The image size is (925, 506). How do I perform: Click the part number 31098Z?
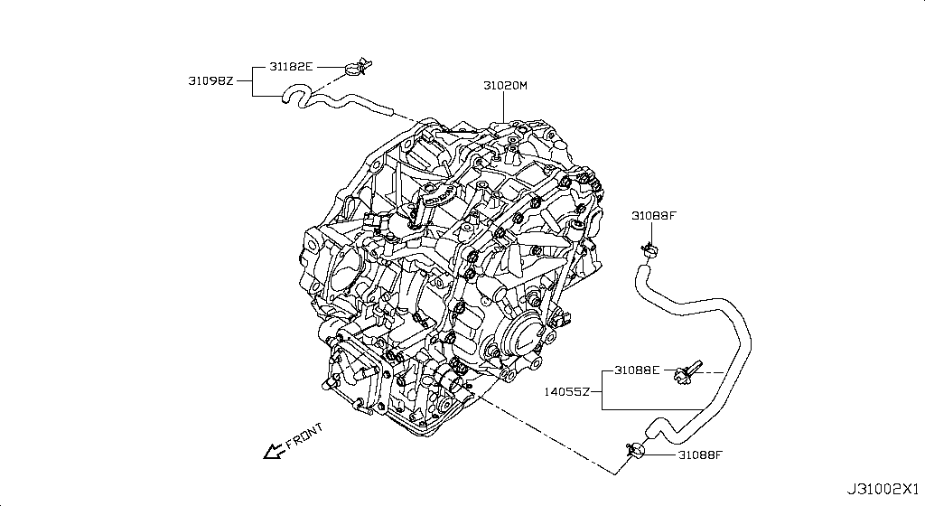tap(210, 80)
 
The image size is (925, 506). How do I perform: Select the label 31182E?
tap(292, 66)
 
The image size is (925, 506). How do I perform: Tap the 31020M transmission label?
tap(505, 86)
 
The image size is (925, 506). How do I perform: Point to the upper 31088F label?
tap(654, 215)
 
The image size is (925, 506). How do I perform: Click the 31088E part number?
tap(637, 370)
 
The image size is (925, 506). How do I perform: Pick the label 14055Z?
tap(567, 392)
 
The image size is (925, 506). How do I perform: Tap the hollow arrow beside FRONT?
tap(272, 450)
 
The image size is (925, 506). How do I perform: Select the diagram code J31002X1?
tap(883, 489)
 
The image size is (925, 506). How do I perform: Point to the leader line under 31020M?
tap(505, 107)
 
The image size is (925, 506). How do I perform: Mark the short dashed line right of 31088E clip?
tap(712, 371)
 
